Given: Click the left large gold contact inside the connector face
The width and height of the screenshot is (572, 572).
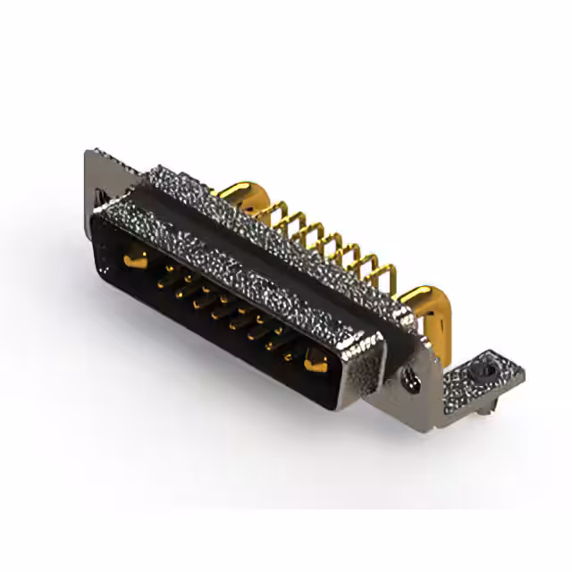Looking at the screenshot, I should click(133, 260).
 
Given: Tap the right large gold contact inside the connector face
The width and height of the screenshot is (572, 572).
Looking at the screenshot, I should click(317, 363).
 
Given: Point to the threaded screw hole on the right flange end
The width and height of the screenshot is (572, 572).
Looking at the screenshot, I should click(413, 383).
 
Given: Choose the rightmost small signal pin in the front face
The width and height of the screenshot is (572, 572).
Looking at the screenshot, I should click(289, 355).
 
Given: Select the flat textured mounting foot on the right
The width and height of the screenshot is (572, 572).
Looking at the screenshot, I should click(483, 375).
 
